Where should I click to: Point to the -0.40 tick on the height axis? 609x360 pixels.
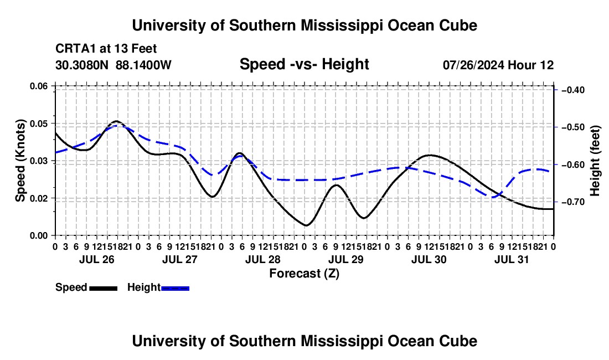573,90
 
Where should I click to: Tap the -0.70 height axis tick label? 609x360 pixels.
573,202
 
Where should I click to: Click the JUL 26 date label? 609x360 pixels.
97,259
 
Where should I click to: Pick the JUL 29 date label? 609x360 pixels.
346,259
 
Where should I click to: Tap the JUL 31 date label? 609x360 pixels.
512,259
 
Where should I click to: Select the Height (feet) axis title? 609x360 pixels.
595,161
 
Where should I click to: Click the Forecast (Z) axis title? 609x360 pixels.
304,274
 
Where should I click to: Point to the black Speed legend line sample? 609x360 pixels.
104,289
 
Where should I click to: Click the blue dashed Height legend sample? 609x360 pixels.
175,289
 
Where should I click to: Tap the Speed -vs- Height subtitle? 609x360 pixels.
304,64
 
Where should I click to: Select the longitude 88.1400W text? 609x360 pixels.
143,65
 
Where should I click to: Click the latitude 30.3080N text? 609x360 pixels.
82,65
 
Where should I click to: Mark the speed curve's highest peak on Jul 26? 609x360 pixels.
116,121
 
